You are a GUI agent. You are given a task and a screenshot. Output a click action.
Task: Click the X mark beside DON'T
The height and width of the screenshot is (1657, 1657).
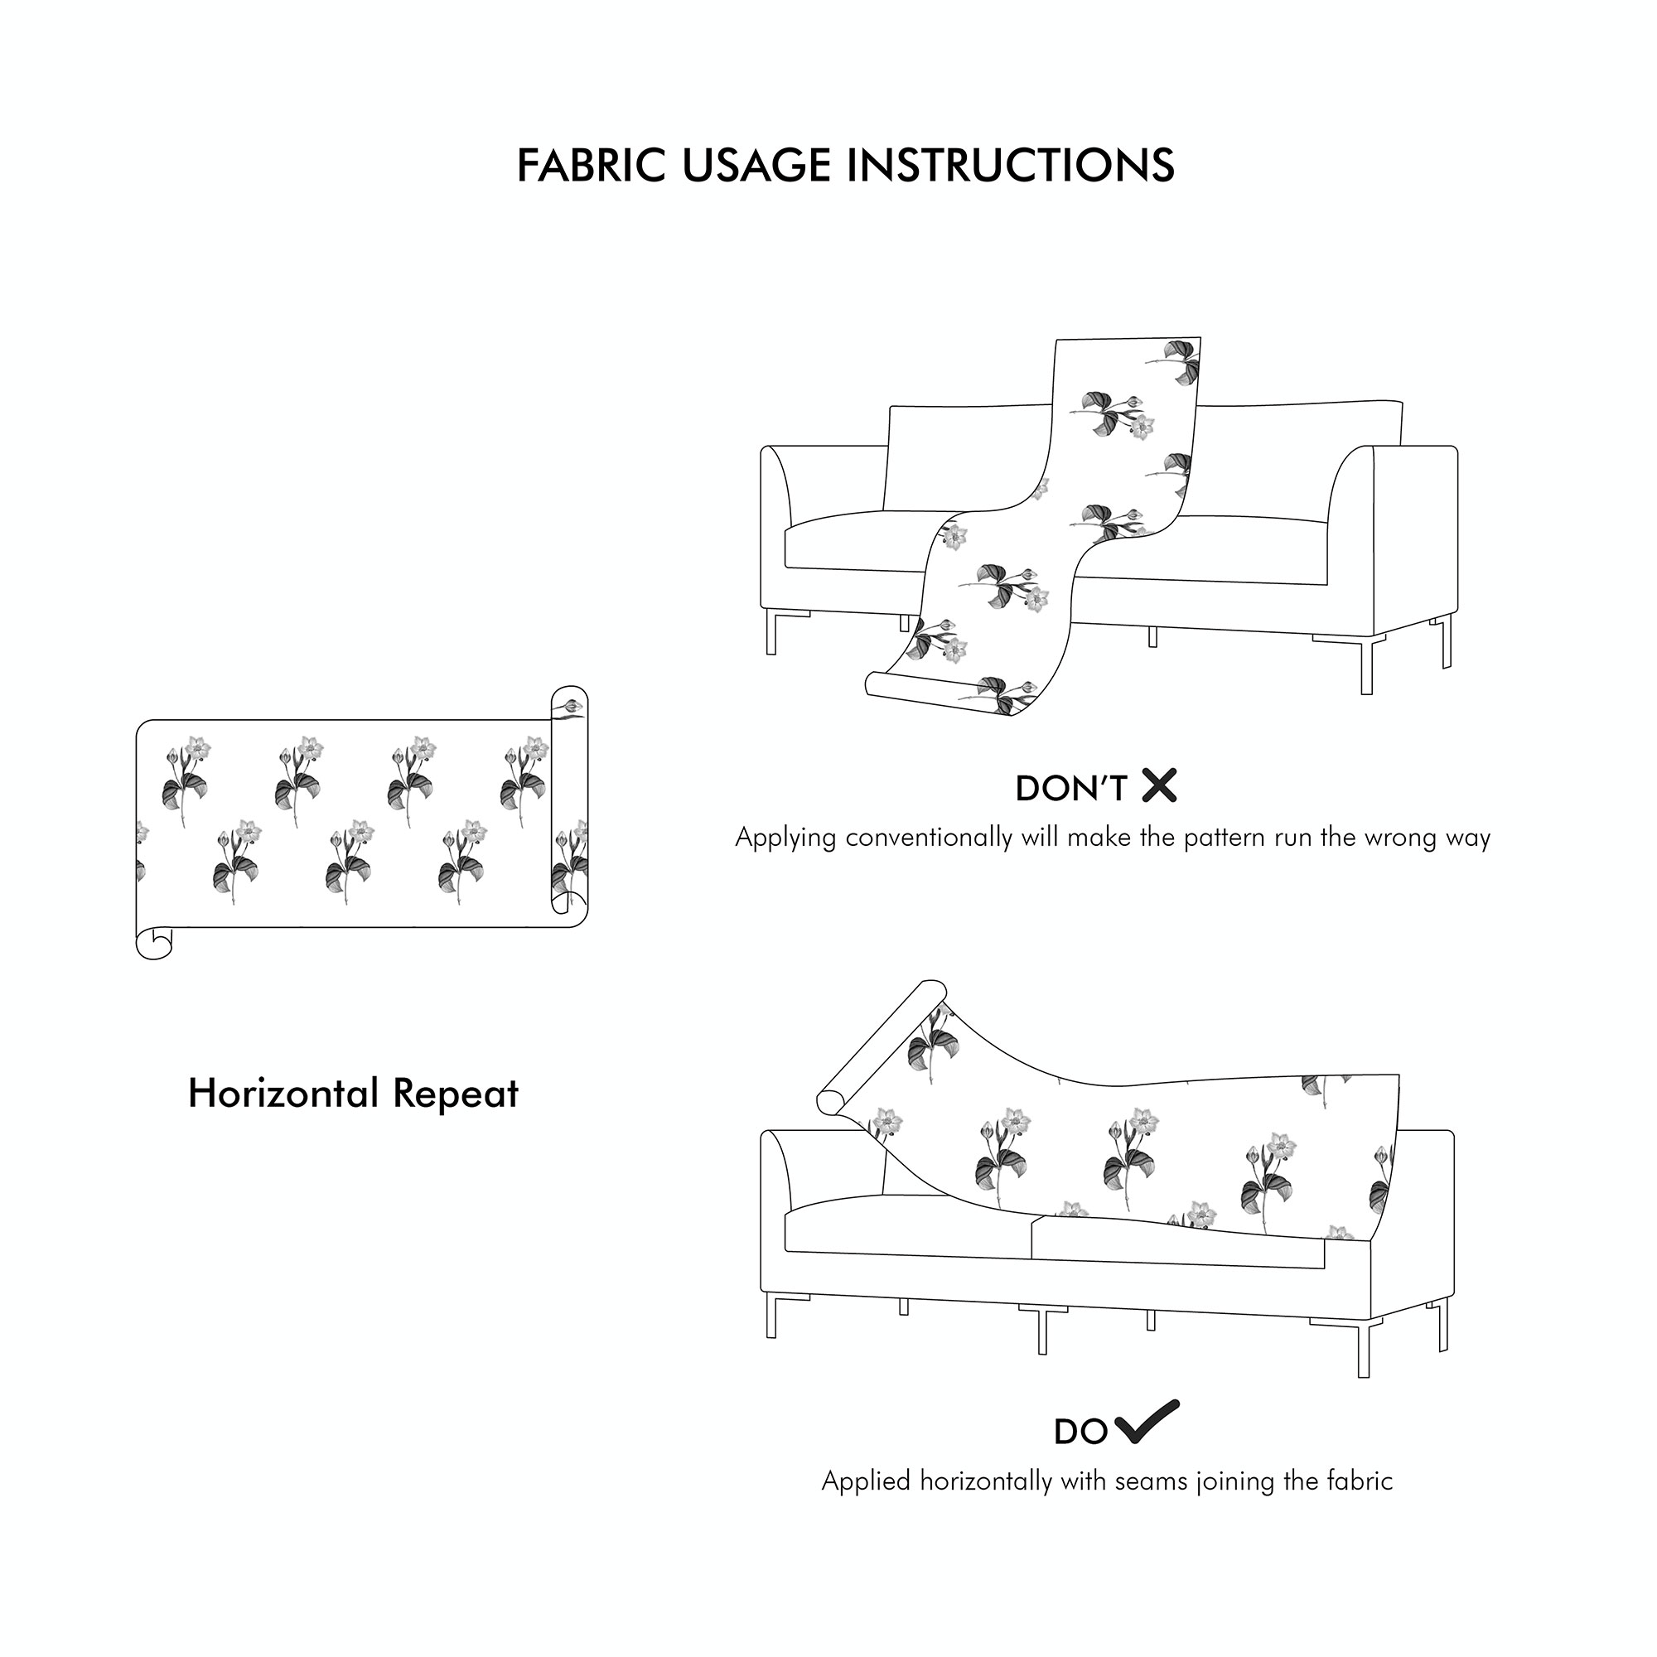point(1160,785)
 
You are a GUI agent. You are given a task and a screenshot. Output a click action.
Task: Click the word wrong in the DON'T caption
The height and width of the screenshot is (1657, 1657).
point(1399,837)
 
